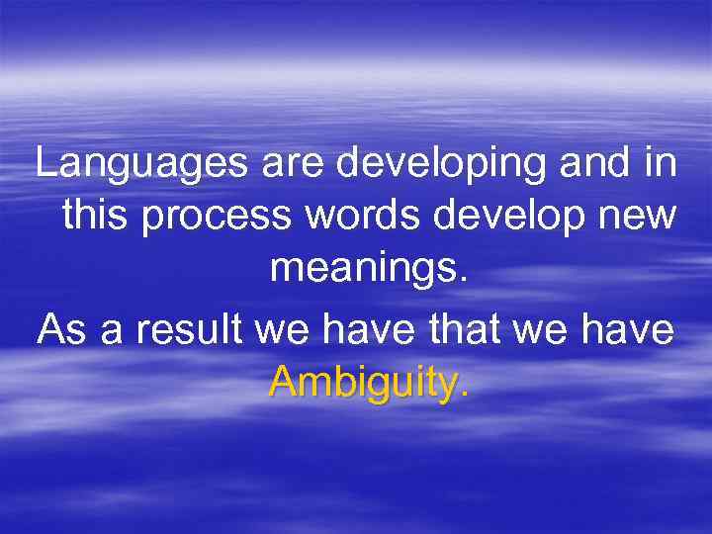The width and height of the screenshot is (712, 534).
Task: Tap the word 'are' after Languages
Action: coord(295,164)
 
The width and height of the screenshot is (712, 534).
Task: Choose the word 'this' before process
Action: coord(96,216)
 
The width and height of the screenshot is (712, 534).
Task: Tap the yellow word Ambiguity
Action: coord(367,381)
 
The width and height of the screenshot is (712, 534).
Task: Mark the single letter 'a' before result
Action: coord(111,329)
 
